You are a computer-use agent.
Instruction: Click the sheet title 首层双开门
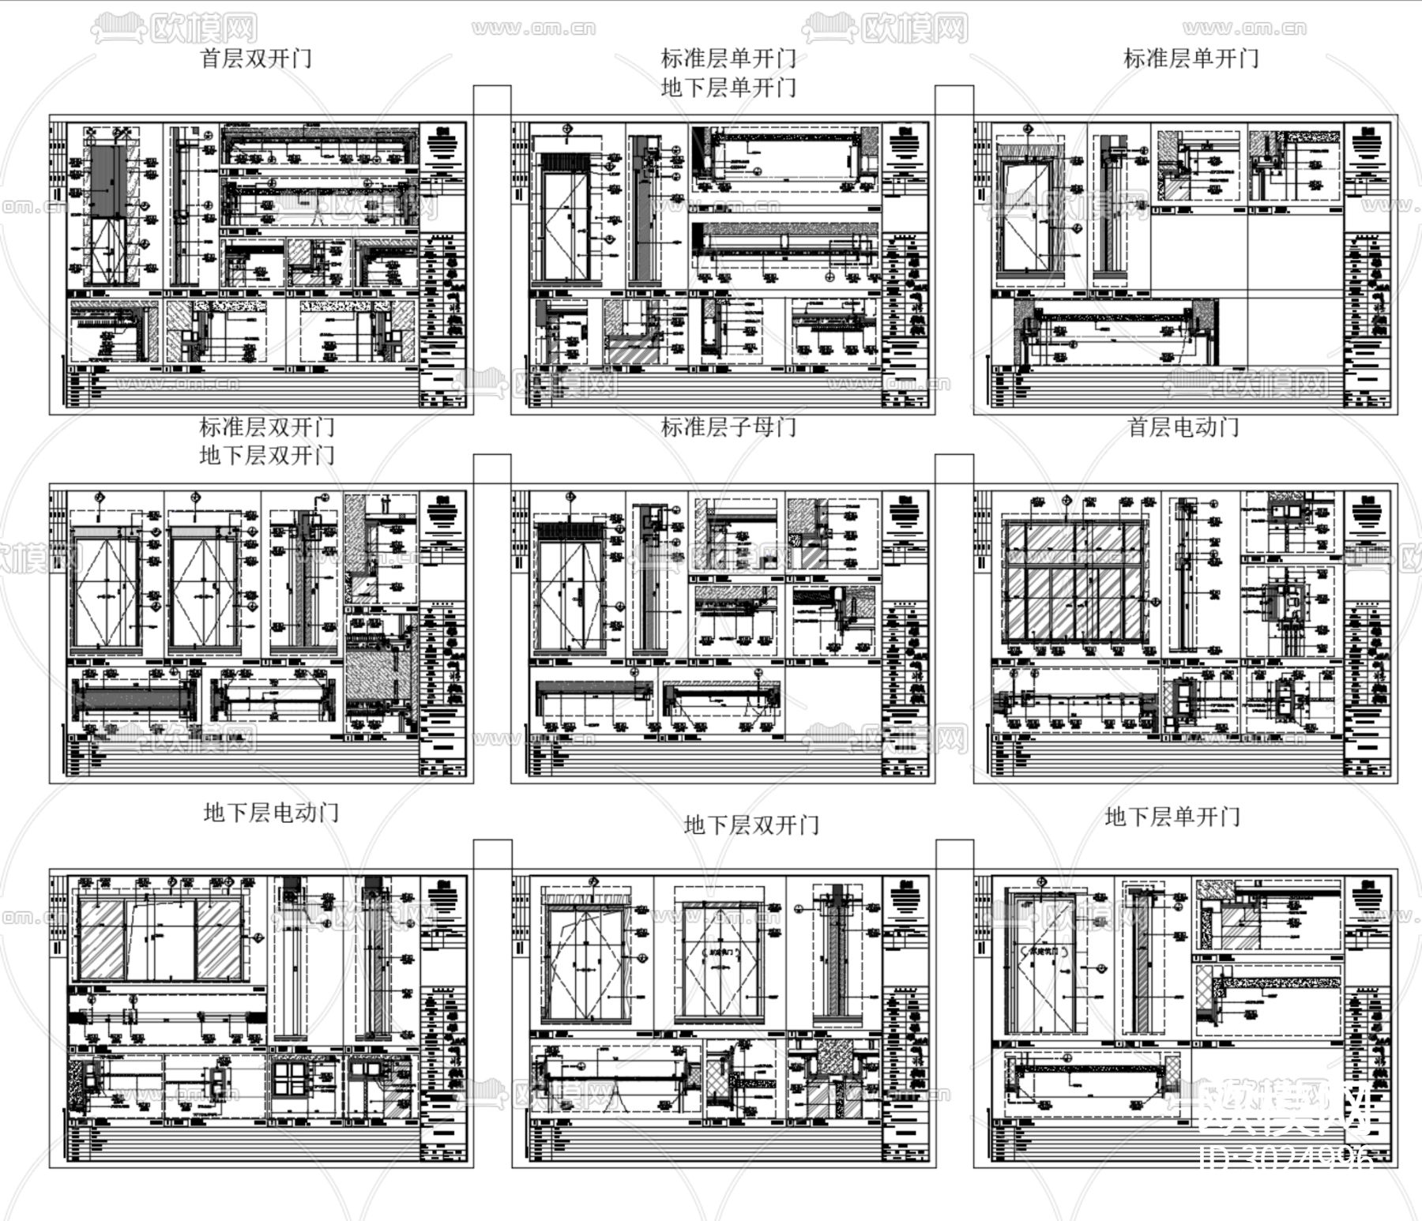(257, 58)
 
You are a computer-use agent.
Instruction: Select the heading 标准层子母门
(728, 427)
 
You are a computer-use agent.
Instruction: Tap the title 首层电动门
(1183, 427)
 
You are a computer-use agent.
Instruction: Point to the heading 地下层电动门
(271, 812)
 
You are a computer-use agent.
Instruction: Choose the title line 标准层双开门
(267, 427)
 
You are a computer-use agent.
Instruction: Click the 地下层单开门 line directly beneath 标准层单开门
(728, 88)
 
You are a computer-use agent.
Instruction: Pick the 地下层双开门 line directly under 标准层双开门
(267, 456)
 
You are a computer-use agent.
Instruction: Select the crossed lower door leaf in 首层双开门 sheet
(104, 250)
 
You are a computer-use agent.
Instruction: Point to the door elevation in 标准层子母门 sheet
(569, 588)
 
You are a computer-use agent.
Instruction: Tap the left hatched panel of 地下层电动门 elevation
(101, 940)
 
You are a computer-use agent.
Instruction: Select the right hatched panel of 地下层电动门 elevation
(219, 940)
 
